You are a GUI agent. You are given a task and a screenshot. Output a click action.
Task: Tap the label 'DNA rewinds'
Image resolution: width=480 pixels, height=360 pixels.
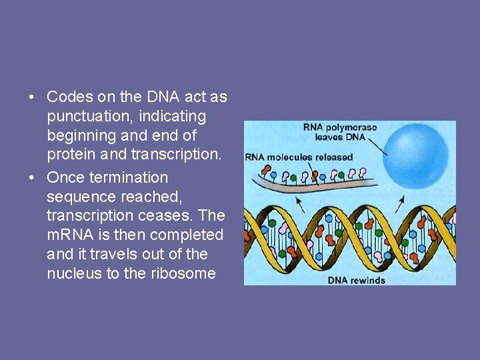[357, 280]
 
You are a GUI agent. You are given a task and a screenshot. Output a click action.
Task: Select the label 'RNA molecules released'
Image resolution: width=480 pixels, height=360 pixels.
[299, 157]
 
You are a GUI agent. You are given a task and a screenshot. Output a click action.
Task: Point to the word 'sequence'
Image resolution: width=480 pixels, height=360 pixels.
[77, 197]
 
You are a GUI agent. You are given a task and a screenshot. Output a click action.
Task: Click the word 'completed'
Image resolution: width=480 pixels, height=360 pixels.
[187, 235]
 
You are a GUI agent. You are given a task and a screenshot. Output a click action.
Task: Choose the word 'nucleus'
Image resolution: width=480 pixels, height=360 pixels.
[75, 274]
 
